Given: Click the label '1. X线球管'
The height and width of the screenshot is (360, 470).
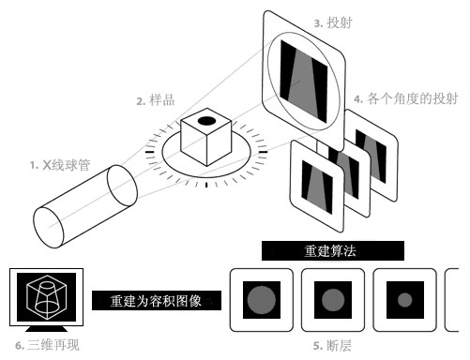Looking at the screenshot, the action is (x=60, y=165).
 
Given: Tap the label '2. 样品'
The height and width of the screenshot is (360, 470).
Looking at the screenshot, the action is (x=156, y=100).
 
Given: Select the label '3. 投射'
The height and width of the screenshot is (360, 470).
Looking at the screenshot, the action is (x=333, y=22).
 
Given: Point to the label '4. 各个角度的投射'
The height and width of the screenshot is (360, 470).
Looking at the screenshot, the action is (x=406, y=98).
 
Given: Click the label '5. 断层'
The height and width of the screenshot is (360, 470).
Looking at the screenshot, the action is (x=332, y=345).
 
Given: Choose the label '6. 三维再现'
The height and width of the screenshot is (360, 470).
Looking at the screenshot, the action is (x=47, y=345).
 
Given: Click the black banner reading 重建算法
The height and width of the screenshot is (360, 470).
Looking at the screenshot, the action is (x=333, y=250).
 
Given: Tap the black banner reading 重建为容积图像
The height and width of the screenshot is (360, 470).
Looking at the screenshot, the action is (x=157, y=300).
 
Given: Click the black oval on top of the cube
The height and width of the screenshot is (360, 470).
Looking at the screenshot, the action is (x=206, y=121).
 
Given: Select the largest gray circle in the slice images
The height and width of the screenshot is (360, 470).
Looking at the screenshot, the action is (x=262, y=300).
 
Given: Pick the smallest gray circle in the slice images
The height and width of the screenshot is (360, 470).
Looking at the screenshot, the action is (x=405, y=300).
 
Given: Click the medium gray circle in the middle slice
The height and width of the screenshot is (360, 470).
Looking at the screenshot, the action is (x=333, y=300).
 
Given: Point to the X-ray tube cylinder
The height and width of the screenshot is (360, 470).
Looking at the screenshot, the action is (x=85, y=206).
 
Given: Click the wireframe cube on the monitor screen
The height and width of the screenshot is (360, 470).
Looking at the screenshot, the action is (x=47, y=297).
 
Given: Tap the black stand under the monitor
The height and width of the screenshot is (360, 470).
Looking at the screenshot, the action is (x=46, y=329).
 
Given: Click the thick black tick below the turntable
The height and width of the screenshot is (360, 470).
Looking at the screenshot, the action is (x=206, y=185).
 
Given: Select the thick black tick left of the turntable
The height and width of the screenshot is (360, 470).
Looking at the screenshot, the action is (x=150, y=152).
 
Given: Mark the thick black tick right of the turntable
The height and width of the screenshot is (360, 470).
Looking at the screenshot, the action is (x=264, y=152).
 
